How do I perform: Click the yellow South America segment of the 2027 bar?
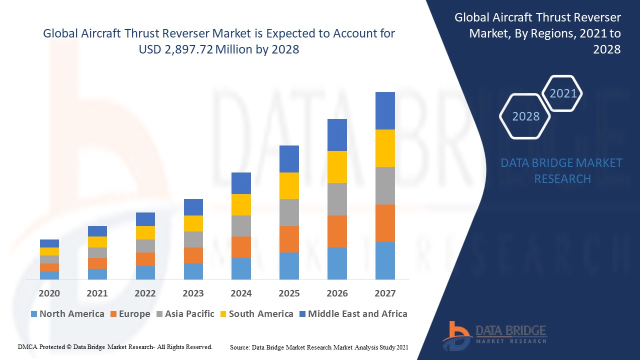point(385,148)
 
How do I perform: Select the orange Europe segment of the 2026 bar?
point(337,231)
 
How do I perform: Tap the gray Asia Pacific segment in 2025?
point(289,212)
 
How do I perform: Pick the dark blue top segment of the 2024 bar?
point(241,183)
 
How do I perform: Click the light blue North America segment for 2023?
point(193,271)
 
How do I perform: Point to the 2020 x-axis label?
point(49,293)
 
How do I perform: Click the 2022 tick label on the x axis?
point(145,293)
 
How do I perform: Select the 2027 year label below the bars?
point(385,293)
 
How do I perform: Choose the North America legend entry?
point(67,314)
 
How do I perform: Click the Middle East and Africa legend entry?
point(353,314)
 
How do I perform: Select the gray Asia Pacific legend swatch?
point(159,314)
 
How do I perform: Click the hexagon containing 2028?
point(525,116)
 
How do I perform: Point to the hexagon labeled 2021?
point(563,93)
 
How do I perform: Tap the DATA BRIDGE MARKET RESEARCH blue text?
point(561,170)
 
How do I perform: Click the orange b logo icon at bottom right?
point(456,335)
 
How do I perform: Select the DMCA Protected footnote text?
point(115,346)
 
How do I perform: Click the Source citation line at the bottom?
point(319,346)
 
